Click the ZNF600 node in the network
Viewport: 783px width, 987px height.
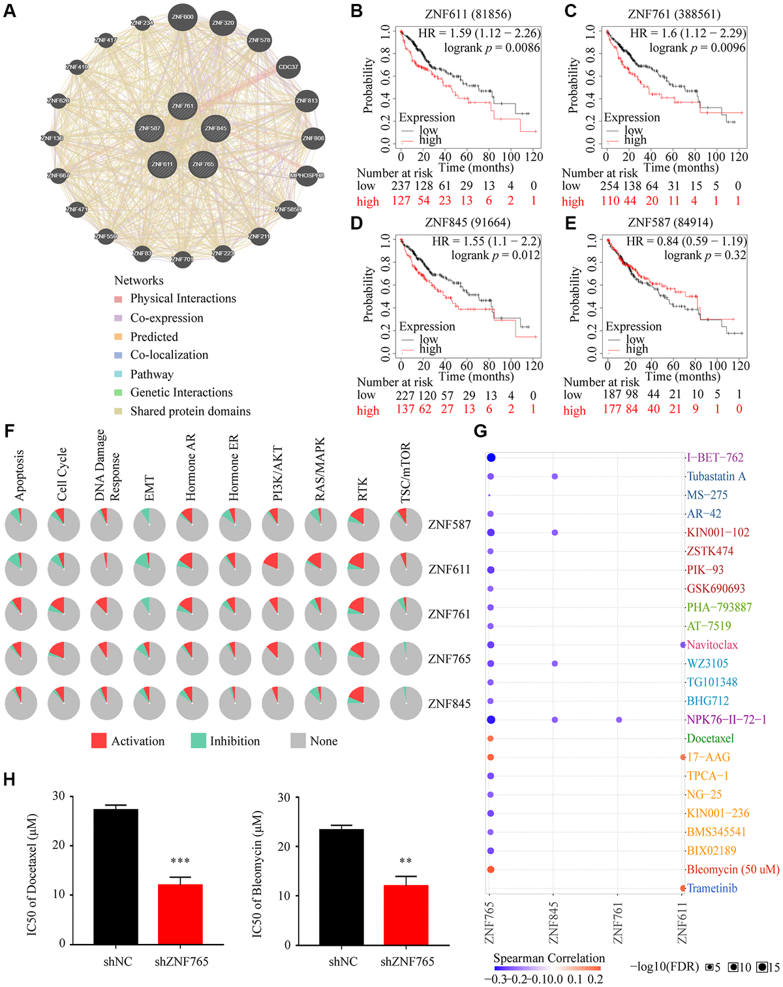(183, 17)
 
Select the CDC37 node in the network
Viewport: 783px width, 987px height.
(288, 67)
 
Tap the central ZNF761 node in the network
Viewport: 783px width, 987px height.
(183, 106)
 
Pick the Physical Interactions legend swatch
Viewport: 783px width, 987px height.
(118, 299)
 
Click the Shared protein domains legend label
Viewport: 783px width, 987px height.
(190, 411)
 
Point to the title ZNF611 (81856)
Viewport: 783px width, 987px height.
(468, 14)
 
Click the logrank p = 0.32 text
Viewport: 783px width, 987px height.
(705, 255)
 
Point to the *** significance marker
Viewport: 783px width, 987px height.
(180, 861)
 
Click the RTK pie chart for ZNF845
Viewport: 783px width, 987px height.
(364, 703)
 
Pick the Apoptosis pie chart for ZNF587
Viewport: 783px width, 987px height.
(21, 524)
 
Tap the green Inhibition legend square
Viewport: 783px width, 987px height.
(198, 740)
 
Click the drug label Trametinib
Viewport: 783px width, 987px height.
(712, 888)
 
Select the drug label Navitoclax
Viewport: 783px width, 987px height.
(712, 645)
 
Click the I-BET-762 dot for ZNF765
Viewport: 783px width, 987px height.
(490, 458)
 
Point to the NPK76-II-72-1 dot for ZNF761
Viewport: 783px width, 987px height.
(619, 720)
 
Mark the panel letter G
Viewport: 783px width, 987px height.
(480, 431)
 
